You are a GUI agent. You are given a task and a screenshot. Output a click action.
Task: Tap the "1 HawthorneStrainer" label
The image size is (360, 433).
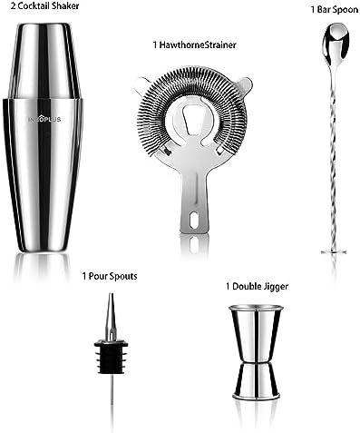(x=196, y=43)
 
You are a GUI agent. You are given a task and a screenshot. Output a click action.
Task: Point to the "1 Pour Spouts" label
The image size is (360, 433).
(x=110, y=276)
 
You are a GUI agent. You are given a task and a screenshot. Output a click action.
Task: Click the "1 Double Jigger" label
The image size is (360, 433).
(x=254, y=287)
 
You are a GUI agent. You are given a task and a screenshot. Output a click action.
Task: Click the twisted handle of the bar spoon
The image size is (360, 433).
(x=326, y=154)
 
